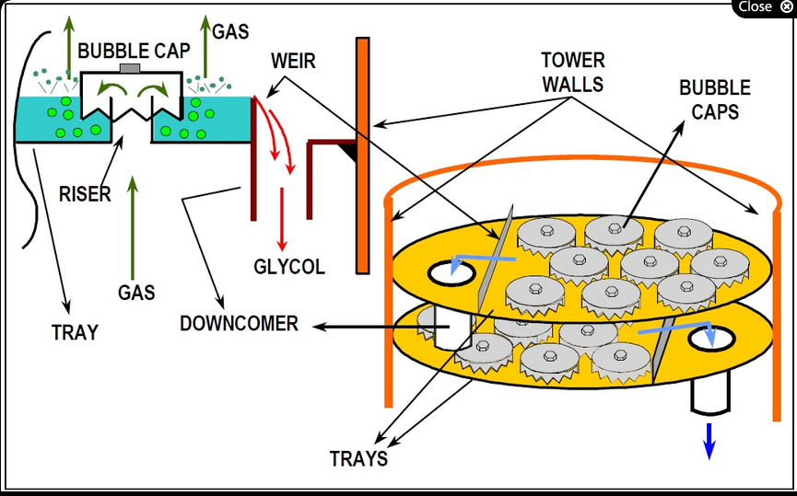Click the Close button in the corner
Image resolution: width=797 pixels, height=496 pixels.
click(x=764, y=6)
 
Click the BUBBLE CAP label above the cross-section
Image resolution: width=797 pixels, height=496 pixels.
click(x=134, y=52)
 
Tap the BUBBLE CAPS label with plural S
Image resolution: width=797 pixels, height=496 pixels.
click(x=714, y=99)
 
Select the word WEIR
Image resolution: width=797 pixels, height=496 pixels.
click(x=293, y=62)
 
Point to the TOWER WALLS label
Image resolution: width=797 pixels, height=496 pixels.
click(x=572, y=72)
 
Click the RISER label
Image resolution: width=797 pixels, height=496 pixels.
click(x=86, y=194)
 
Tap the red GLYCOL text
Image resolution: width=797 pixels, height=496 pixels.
click(x=289, y=267)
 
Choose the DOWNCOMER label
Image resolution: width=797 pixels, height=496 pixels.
click(x=239, y=324)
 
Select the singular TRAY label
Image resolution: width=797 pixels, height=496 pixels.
click(x=75, y=332)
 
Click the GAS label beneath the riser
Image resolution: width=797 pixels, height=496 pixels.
click(x=135, y=293)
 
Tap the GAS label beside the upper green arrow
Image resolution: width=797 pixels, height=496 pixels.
click(x=230, y=32)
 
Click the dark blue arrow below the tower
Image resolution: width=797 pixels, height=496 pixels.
click(x=709, y=439)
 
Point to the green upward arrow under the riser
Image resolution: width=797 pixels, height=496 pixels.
click(x=135, y=221)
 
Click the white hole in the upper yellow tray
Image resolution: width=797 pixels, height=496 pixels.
click(x=451, y=271)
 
